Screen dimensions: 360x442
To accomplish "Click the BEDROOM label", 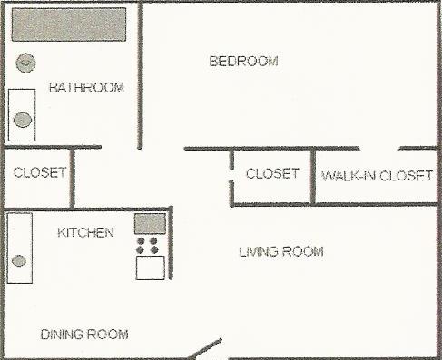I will tap(243, 62).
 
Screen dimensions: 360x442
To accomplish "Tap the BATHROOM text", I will tap(86, 88).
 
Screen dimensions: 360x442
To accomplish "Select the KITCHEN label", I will tap(85, 233).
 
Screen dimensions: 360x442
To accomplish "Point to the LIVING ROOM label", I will tap(280, 251).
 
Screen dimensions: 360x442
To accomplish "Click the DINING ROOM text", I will tap(84, 335).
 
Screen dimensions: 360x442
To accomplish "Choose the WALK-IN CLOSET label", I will tap(377, 175).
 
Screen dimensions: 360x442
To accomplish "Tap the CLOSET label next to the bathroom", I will tap(39, 172).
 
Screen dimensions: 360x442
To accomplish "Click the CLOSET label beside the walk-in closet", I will tap(272, 173).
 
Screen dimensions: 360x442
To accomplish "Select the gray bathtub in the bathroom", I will tap(68, 24).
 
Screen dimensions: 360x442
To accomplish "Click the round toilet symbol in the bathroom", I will tap(26, 63).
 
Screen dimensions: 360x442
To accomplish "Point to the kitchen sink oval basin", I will tap(19, 261).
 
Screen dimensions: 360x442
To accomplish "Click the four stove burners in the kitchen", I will tap(147, 246).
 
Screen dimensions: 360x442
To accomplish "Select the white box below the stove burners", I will tap(150, 268).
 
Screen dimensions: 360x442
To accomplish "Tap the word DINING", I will tap(62, 335).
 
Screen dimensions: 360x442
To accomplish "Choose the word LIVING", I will tap(259, 251).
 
